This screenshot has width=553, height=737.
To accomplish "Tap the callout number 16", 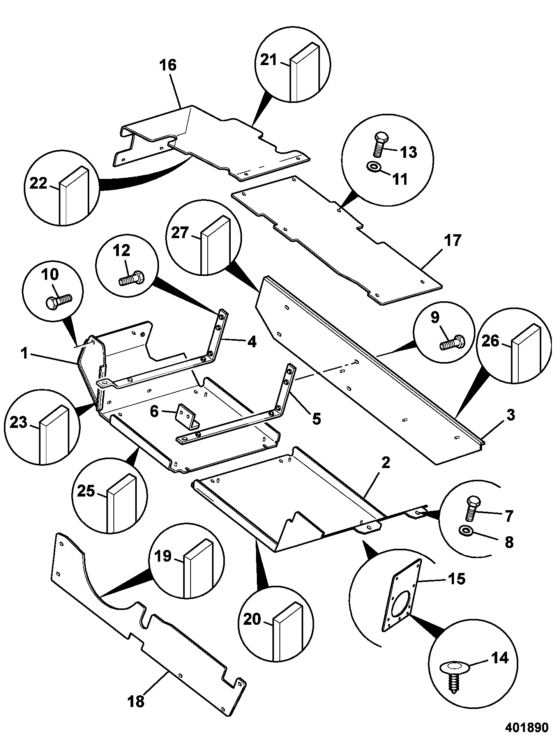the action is click(168, 65).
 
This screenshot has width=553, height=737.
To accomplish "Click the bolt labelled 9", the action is click(452, 342).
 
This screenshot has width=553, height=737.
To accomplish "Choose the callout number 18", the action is click(136, 702).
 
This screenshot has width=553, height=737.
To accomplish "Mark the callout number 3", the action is click(511, 415).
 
